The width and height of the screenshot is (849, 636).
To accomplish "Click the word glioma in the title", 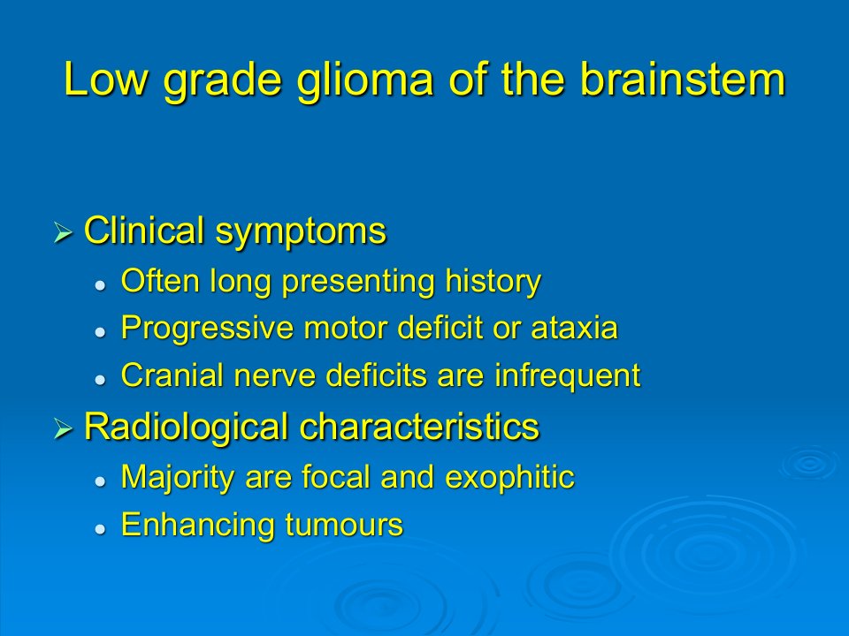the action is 365,81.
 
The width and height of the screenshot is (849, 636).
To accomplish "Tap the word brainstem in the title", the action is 682,79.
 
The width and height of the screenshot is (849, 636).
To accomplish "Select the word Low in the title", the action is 106,79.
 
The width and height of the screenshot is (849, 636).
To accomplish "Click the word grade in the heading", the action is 223,81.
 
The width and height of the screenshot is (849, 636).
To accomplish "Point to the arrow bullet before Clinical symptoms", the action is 64,233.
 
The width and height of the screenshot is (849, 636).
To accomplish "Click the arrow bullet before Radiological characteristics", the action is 64,429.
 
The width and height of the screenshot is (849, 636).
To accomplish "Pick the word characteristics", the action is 419,426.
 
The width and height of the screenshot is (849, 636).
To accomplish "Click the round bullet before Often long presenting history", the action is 100,285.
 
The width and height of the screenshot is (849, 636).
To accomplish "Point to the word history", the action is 493,283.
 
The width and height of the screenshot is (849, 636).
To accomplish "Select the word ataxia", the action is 575,329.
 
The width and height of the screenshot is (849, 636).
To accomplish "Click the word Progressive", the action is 207,329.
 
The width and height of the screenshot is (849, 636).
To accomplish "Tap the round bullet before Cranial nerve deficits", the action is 100,380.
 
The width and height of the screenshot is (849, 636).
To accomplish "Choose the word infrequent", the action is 568,376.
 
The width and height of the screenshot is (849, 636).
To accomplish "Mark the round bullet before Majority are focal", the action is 100,481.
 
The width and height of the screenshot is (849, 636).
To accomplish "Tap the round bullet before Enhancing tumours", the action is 100,528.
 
